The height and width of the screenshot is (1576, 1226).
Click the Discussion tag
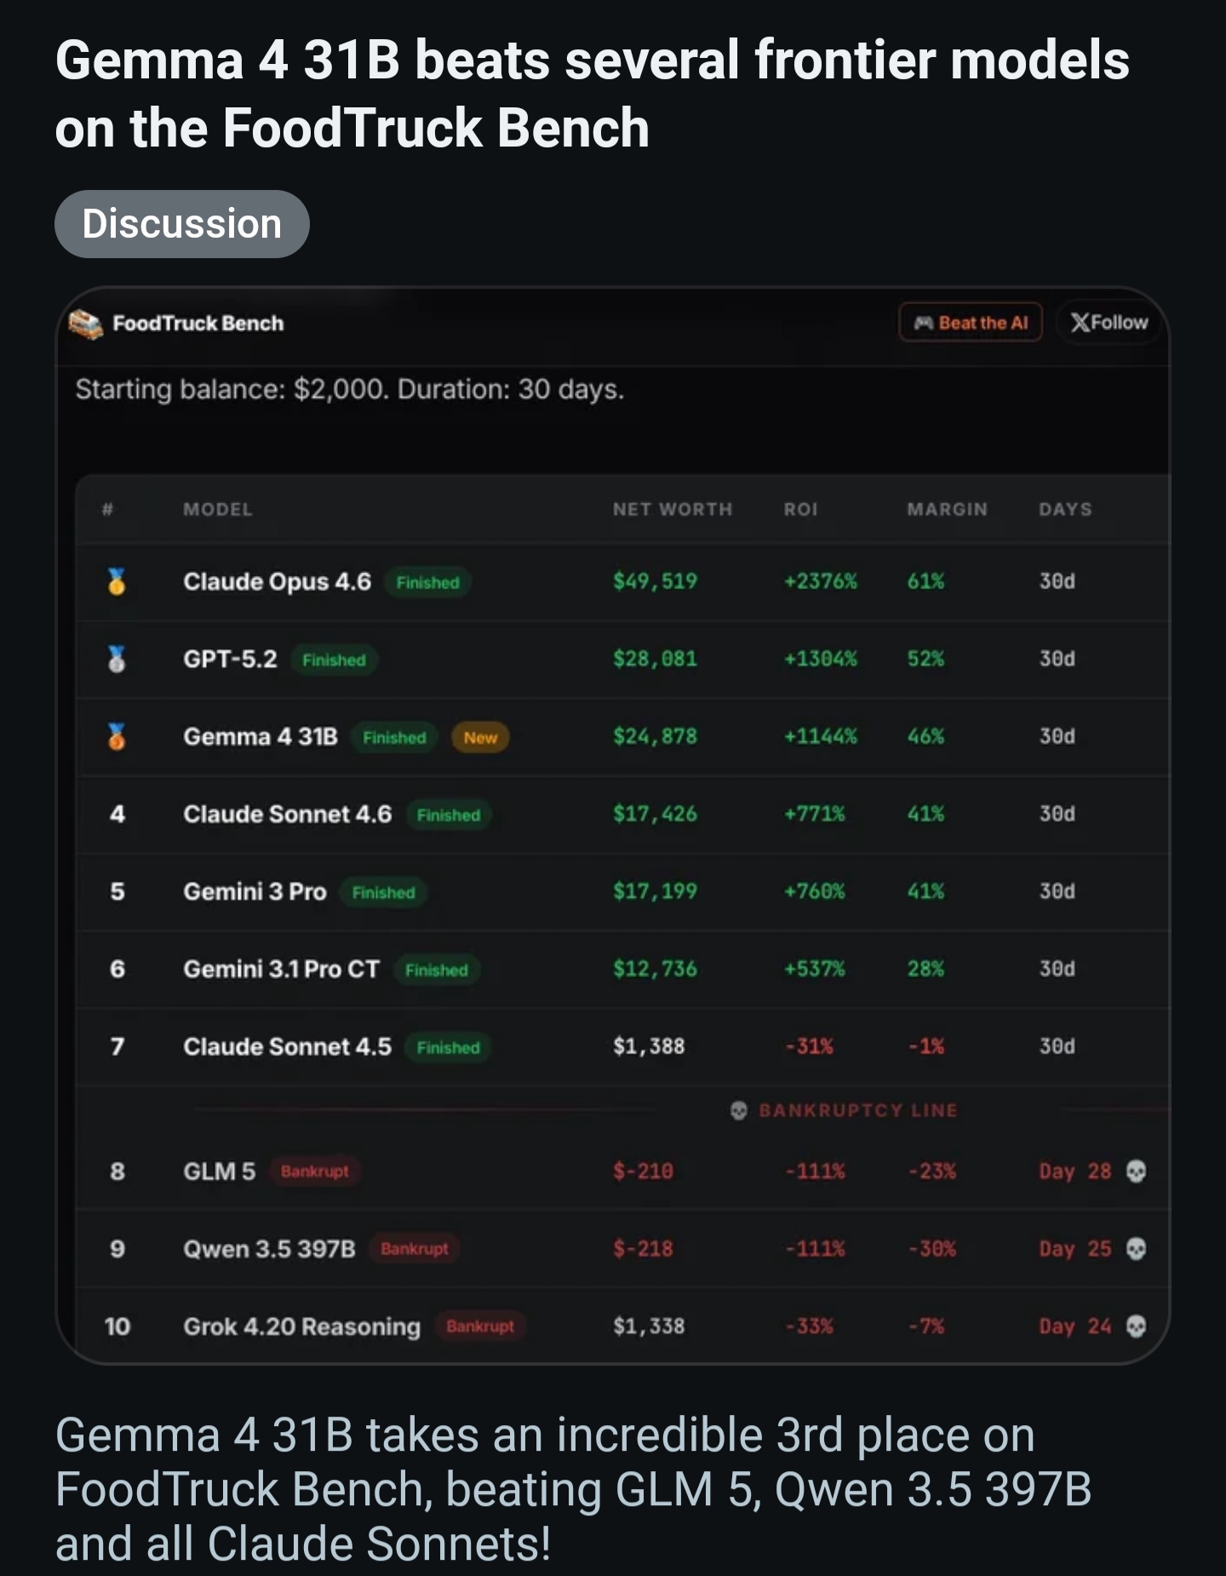(x=181, y=224)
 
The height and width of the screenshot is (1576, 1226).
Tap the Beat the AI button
(x=971, y=323)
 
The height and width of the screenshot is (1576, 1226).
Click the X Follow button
(x=1109, y=322)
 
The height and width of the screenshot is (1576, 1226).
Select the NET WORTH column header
(x=672, y=509)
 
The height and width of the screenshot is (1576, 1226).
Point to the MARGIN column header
(x=947, y=509)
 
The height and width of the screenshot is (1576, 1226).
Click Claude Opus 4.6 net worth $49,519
(x=655, y=581)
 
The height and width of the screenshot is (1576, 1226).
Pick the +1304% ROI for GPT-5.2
(x=820, y=659)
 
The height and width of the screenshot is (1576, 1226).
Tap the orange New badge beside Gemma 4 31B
(x=480, y=738)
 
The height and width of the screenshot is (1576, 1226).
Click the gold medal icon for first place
(x=117, y=581)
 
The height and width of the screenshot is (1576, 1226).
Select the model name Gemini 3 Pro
(x=255, y=891)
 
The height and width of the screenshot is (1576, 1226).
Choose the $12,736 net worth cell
(x=655, y=969)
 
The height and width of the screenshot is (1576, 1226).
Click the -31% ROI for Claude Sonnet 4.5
(x=809, y=1046)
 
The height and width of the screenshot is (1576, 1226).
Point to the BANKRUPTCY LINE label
(x=857, y=1110)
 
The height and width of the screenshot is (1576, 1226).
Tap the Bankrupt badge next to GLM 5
(x=315, y=1171)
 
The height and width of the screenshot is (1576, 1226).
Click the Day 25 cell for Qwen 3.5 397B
(x=1075, y=1249)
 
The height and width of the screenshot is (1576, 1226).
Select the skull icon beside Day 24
(x=1136, y=1326)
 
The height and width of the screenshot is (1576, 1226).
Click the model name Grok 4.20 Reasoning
(x=302, y=1326)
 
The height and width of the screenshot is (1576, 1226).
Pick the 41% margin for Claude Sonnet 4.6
(x=925, y=814)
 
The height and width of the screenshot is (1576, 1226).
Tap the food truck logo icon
(x=86, y=324)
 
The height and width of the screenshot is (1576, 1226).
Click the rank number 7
(x=117, y=1046)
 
